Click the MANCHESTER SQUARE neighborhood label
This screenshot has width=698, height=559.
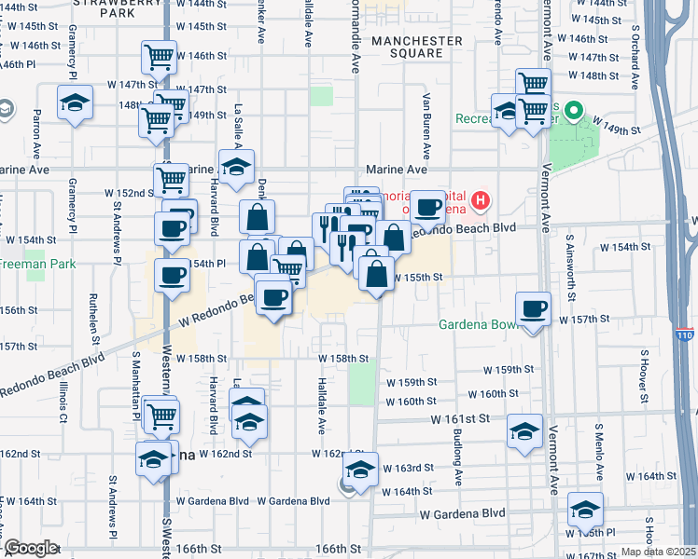point(416,47)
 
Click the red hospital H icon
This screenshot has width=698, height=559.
point(481,199)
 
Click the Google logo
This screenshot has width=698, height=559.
point(30,548)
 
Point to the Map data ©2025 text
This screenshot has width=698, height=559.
point(659,552)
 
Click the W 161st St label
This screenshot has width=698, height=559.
point(460,419)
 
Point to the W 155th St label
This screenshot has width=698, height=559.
point(416,278)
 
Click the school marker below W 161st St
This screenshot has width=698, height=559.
point(525,431)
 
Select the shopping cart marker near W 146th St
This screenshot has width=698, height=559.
point(160,58)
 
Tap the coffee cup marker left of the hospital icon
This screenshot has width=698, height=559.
point(428,207)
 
